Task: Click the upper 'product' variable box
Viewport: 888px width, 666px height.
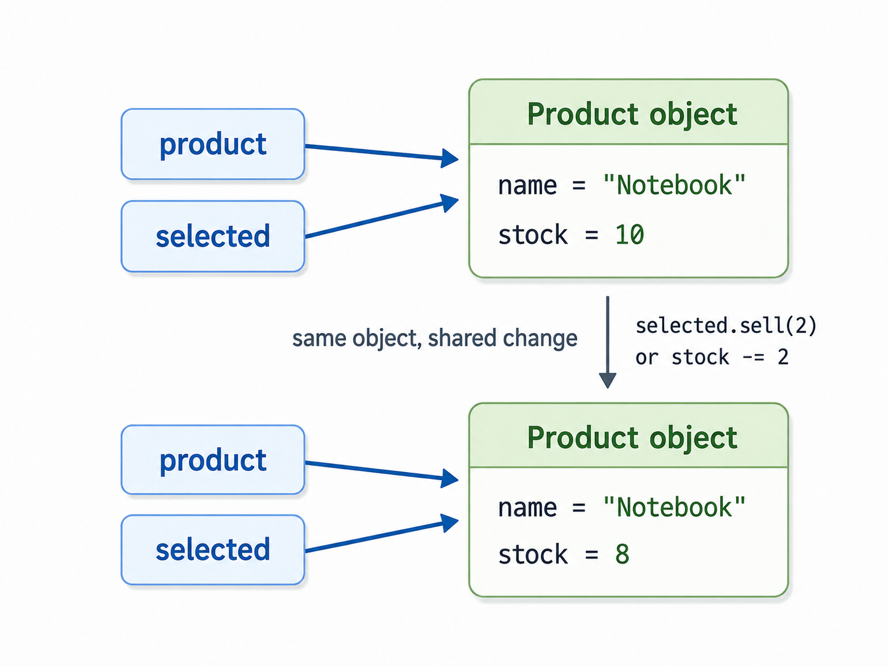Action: [x=213, y=144]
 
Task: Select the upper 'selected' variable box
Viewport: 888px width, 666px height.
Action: [x=213, y=236]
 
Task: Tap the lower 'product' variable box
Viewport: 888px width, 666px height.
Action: [x=213, y=460]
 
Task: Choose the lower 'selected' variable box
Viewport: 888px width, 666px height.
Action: [x=213, y=550]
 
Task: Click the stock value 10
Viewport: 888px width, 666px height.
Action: [x=629, y=234]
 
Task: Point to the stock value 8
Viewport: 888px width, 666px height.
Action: [x=622, y=554]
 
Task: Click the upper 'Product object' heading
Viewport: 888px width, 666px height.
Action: [x=632, y=114]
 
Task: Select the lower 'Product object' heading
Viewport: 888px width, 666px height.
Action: [x=632, y=437]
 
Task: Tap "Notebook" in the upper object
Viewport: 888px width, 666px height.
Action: [x=674, y=185]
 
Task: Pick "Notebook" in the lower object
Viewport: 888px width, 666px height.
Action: [x=674, y=507]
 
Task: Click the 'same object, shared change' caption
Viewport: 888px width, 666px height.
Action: [x=435, y=338]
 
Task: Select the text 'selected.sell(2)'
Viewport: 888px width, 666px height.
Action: [x=726, y=326]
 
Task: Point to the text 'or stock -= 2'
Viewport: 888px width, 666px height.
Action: [x=712, y=357]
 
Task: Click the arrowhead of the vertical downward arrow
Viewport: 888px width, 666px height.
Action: [x=608, y=380]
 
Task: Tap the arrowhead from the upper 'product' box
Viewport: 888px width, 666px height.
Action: [x=450, y=158]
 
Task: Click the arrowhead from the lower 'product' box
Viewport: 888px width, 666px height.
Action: [x=450, y=478]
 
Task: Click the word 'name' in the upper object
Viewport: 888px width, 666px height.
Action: [x=527, y=186]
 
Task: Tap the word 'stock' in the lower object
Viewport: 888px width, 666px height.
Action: [x=533, y=554]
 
